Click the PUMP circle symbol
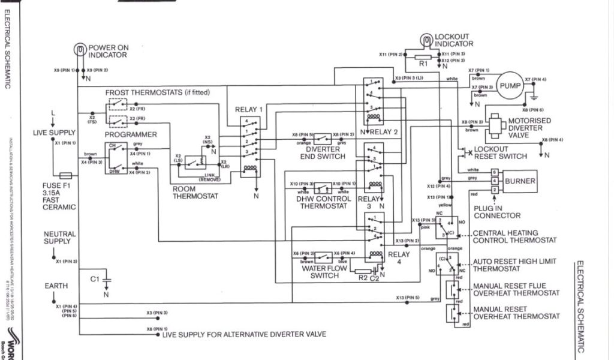tap(511, 86)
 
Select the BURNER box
tap(520, 181)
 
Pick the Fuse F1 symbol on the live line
tap(65, 175)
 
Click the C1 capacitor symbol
tap(107, 279)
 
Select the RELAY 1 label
tap(248, 110)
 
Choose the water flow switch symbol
tap(324, 257)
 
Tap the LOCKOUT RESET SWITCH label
tap(501, 152)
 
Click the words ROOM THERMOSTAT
tap(195, 192)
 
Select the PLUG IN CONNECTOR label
tap(497, 211)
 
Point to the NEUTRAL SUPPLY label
tap(60, 238)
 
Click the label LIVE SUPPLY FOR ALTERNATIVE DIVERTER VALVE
tap(244, 334)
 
